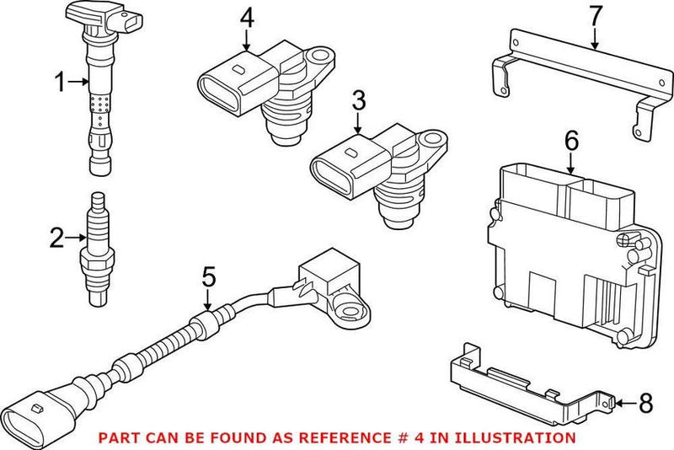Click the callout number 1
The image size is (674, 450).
click(60, 82)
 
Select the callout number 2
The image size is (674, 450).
click(57, 238)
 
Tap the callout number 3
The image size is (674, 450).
click(358, 103)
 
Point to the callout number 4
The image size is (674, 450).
click(246, 16)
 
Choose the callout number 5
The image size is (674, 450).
click(209, 276)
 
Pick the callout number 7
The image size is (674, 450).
click(595, 15)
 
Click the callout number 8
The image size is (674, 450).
click(645, 403)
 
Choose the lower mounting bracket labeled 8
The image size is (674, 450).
click(522, 379)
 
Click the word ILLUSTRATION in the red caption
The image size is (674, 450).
click(516, 437)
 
